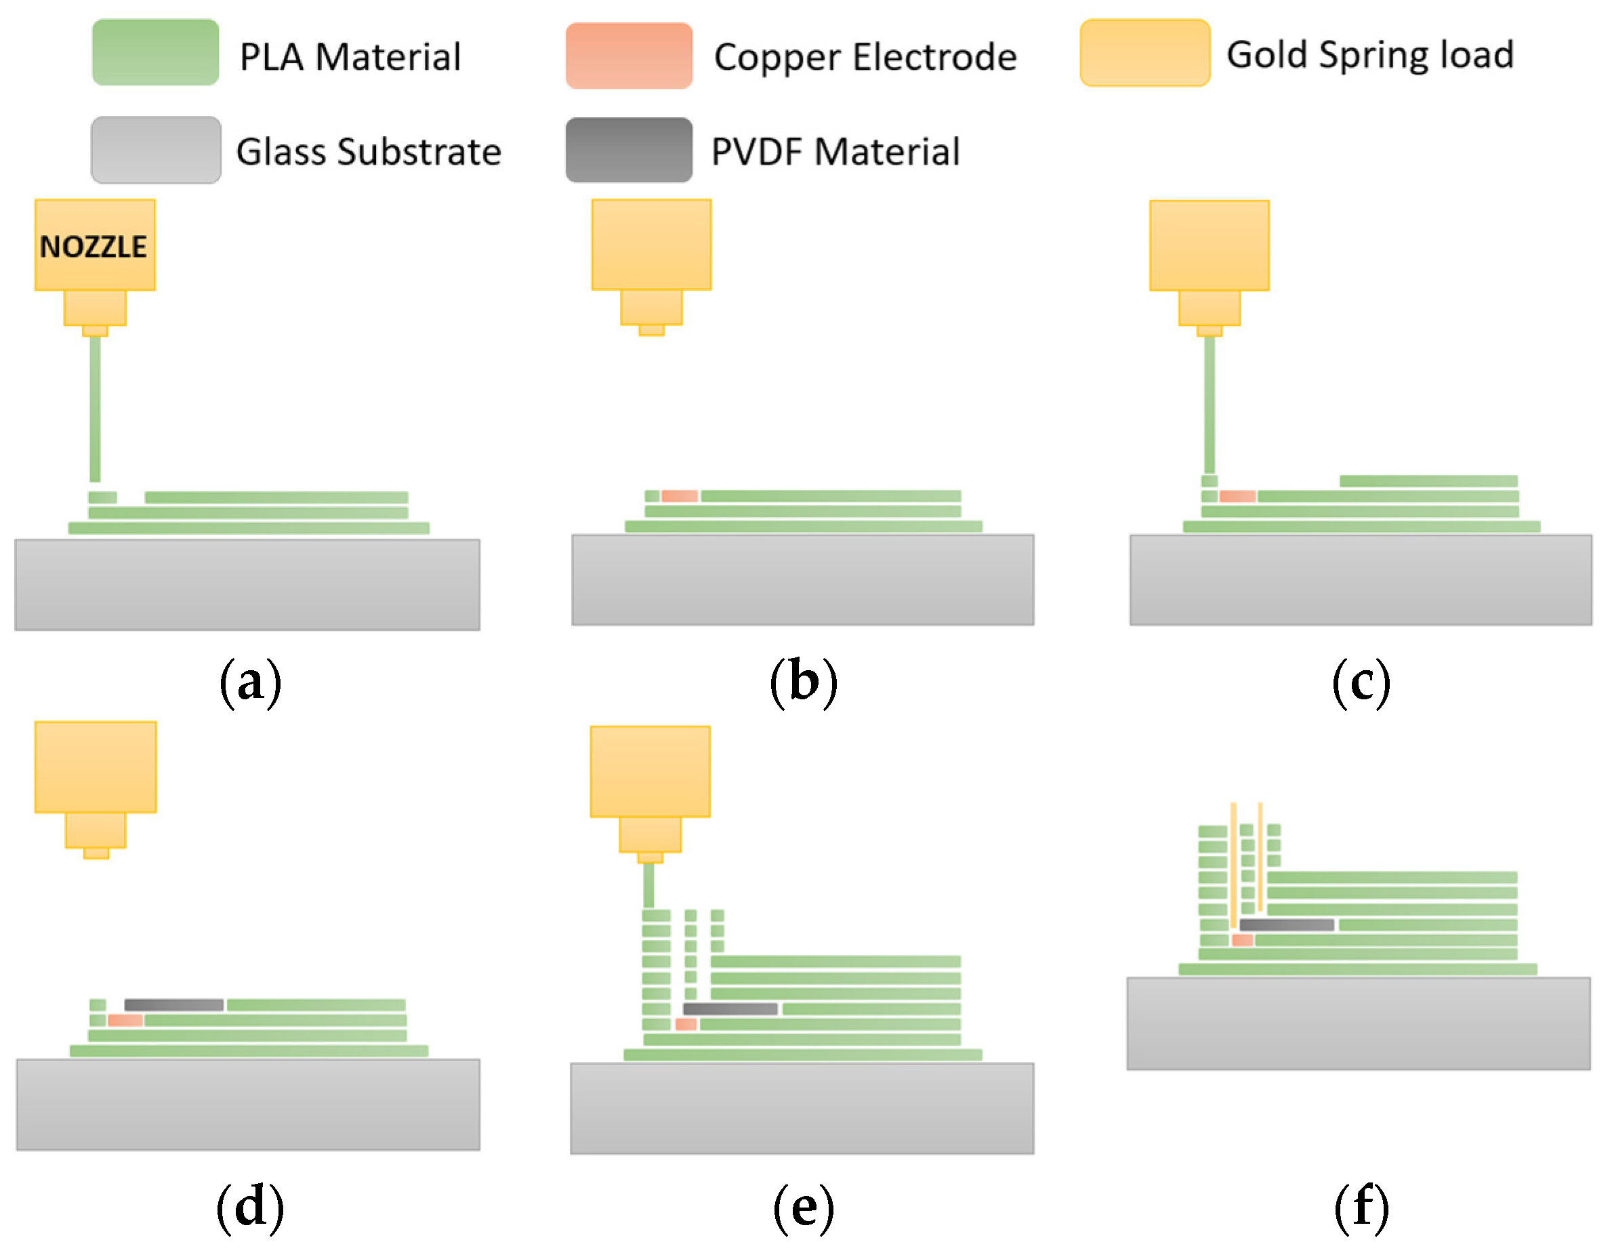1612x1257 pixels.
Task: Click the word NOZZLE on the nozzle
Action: (94, 247)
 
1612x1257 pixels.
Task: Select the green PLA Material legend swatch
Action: (155, 52)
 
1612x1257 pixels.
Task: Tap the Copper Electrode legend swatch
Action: (629, 56)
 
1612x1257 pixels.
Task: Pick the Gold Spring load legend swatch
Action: (1144, 53)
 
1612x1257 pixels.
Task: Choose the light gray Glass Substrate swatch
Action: (156, 150)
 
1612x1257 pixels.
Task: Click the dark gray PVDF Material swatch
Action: (629, 150)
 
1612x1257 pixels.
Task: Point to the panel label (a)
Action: (250, 681)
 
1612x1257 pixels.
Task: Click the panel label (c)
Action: (1361, 681)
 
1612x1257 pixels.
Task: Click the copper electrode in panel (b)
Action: (679, 496)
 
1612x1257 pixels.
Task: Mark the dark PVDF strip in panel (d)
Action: (174, 1004)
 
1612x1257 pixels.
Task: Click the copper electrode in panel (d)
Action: (125, 1020)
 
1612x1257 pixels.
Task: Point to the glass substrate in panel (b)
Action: (802, 580)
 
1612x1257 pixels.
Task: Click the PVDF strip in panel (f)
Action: (1287, 925)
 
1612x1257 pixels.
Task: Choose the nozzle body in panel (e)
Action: (650, 771)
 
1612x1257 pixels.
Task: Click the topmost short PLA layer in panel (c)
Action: (1428, 481)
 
